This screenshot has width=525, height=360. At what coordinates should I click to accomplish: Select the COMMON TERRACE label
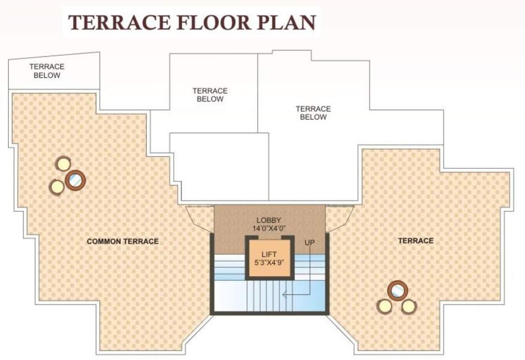tap(123, 241)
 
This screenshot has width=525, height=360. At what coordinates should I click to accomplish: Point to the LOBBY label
tap(269, 220)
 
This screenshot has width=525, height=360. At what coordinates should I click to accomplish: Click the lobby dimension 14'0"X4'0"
tap(269, 228)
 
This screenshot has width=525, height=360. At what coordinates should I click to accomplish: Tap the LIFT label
tap(269, 255)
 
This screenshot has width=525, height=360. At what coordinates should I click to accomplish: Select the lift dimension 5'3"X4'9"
tap(269, 262)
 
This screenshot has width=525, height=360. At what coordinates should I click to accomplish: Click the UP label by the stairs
tap(310, 243)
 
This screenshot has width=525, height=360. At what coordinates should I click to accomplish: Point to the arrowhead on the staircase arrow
tap(284, 295)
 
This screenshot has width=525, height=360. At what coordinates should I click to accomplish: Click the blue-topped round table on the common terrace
tap(75, 180)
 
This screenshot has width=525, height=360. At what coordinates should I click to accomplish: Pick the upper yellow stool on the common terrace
tap(63, 164)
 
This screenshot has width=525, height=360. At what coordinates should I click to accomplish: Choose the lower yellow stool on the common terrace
tap(57, 187)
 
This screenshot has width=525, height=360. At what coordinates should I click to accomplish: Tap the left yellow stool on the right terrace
tap(385, 307)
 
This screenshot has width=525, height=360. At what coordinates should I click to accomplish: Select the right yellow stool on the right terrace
tap(409, 307)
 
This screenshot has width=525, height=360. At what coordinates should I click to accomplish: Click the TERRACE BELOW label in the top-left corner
tap(47, 71)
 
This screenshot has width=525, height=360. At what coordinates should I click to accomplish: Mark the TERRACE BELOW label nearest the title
tap(210, 95)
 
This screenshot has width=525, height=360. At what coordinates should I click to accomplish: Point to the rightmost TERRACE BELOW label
tap(313, 113)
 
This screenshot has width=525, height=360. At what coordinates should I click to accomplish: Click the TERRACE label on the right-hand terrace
tap(415, 240)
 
